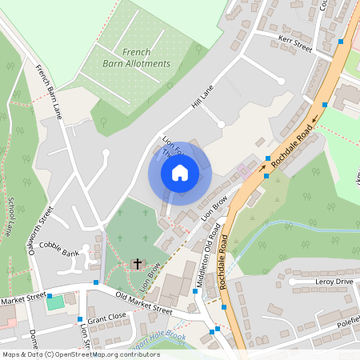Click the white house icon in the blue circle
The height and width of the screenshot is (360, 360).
180,172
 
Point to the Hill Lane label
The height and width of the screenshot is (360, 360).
204,98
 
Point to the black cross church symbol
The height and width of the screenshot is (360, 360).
137,263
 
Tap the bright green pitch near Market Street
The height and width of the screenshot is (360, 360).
55,302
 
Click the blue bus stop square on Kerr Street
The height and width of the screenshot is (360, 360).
341,41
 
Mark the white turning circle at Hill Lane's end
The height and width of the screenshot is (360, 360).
222,124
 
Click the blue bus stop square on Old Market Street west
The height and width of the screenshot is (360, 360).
96,282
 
